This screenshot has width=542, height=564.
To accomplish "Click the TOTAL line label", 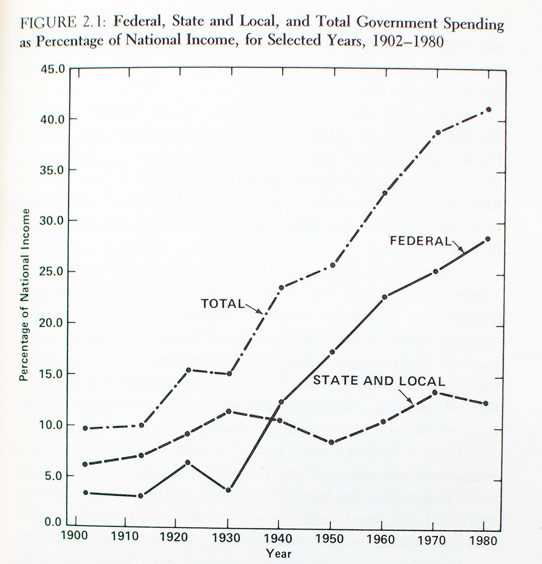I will [x=222, y=304].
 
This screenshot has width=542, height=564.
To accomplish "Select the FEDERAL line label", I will [x=420, y=241].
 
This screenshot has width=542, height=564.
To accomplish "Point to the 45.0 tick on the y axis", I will [x=53, y=69].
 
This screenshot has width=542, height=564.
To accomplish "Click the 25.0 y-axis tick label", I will [x=53, y=271].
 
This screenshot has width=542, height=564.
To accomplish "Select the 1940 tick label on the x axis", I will [x=278, y=540].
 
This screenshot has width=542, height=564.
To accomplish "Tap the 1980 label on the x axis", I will [x=481, y=540].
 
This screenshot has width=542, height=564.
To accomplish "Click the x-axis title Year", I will [x=278, y=554].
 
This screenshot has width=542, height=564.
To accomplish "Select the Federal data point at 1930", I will [x=229, y=490].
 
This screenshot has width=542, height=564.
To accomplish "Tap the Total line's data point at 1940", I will [x=281, y=287].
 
